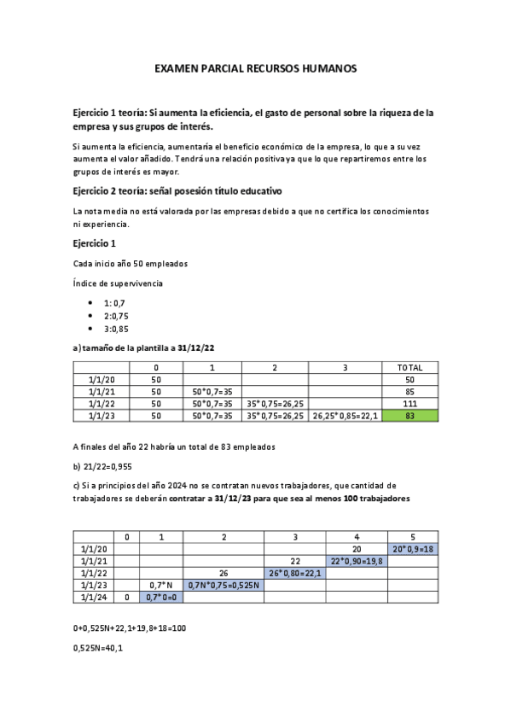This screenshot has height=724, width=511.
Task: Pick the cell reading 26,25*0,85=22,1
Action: (345, 416)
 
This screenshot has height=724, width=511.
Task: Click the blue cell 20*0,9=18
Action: (413, 548)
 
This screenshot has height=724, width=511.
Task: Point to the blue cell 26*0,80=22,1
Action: (294, 573)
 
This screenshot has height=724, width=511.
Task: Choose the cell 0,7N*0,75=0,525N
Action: (224, 585)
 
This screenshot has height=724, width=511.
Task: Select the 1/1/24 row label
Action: (94, 598)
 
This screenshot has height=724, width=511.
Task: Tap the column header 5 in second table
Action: (413, 536)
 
